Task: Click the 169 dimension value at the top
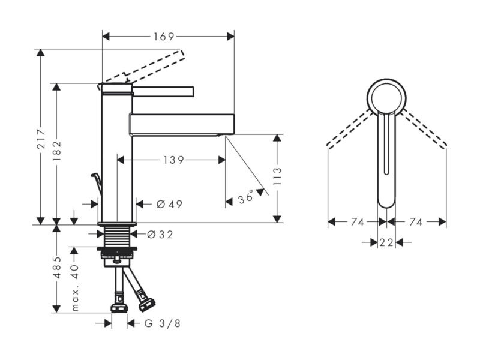(x=164, y=37)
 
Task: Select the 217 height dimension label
(x=41, y=139)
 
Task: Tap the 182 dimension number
(x=56, y=151)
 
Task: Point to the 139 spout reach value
(x=173, y=160)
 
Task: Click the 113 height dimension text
(x=277, y=176)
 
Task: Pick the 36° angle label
(x=246, y=197)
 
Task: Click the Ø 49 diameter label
(x=169, y=204)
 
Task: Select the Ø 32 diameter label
(x=160, y=235)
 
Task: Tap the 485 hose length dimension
(x=57, y=268)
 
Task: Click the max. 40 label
(x=75, y=288)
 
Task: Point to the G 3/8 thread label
(x=162, y=323)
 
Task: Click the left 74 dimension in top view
(x=357, y=221)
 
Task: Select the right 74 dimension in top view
(x=416, y=221)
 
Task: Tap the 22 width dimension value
(x=386, y=243)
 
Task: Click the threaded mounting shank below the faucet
(x=117, y=236)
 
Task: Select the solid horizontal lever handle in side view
(x=163, y=92)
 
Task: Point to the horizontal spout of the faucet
(x=182, y=124)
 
